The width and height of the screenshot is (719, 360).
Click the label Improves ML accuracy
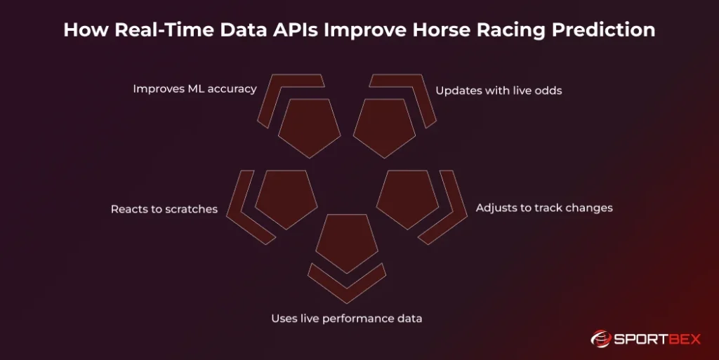(194, 89)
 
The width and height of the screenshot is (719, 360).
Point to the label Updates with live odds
(499, 91)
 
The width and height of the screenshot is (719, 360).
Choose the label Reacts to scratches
(164, 209)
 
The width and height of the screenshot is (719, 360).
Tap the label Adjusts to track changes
(544, 208)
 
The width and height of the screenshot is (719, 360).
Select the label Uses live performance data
(347, 319)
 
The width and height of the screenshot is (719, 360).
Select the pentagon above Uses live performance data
(347, 241)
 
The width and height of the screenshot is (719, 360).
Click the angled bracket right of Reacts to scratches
(245, 207)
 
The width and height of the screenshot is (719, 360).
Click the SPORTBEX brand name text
(659, 340)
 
